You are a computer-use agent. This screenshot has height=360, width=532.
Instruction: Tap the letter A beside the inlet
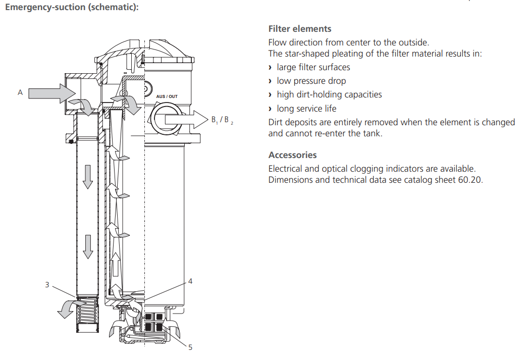pyautogui.click(x=20, y=92)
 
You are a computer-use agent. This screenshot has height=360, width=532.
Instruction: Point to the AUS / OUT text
pyautogui.click(x=167, y=96)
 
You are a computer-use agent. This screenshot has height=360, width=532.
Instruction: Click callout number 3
pyautogui.click(x=47, y=285)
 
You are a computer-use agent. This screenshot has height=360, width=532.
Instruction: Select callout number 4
pyautogui.click(x=190, y=281)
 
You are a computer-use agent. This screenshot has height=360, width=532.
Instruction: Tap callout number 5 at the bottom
pyautogui.click(x=190, y=347)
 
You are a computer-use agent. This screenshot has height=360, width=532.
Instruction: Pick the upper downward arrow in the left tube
pyautogui.click(x=88, y=176)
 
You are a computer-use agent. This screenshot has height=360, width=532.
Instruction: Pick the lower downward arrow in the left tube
pyautogui.click(x=88, y=246)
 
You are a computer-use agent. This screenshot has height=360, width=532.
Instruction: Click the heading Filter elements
pyautogui.click(x=300, y=29)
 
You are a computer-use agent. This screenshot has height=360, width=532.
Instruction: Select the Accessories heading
pyautogui.click(x=292, y=155)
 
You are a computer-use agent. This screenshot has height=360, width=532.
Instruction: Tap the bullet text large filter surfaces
pyautogui.click(x=313, y=67)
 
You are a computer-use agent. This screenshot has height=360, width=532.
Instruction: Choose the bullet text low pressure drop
pyautogui.click(x=311, y=81)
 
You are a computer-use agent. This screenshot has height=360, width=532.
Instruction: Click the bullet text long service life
pyautogui.click(x=306, y=109)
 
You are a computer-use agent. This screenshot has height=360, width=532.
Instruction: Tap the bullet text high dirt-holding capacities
pyautogui.click(x=329, y=94)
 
